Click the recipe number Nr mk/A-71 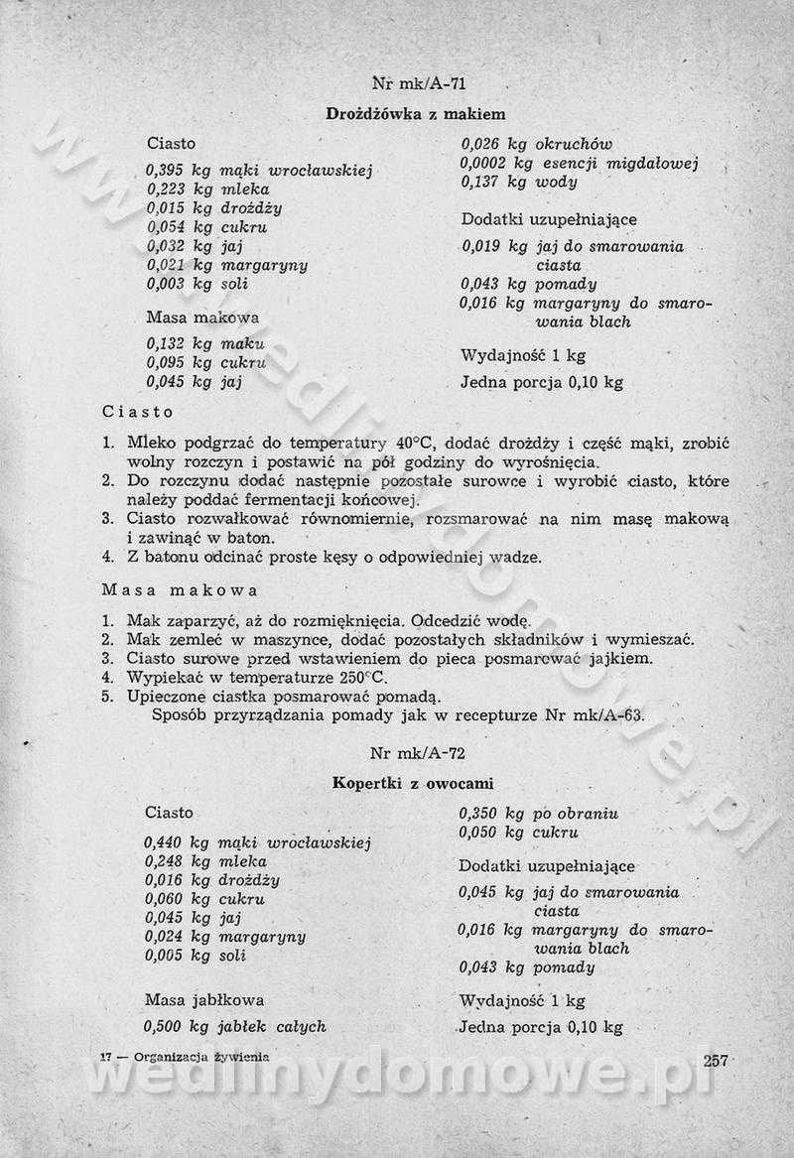coord(418,83)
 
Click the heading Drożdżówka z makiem coord(416,114)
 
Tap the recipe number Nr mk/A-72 coord(418,752)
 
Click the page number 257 coord(716,1060)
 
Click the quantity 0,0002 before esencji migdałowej coord(483,163)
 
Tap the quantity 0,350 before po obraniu coord(478,814)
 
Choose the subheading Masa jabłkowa coord(204,999)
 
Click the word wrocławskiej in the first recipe coord(320,171)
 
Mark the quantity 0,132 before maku coord(167,343)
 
